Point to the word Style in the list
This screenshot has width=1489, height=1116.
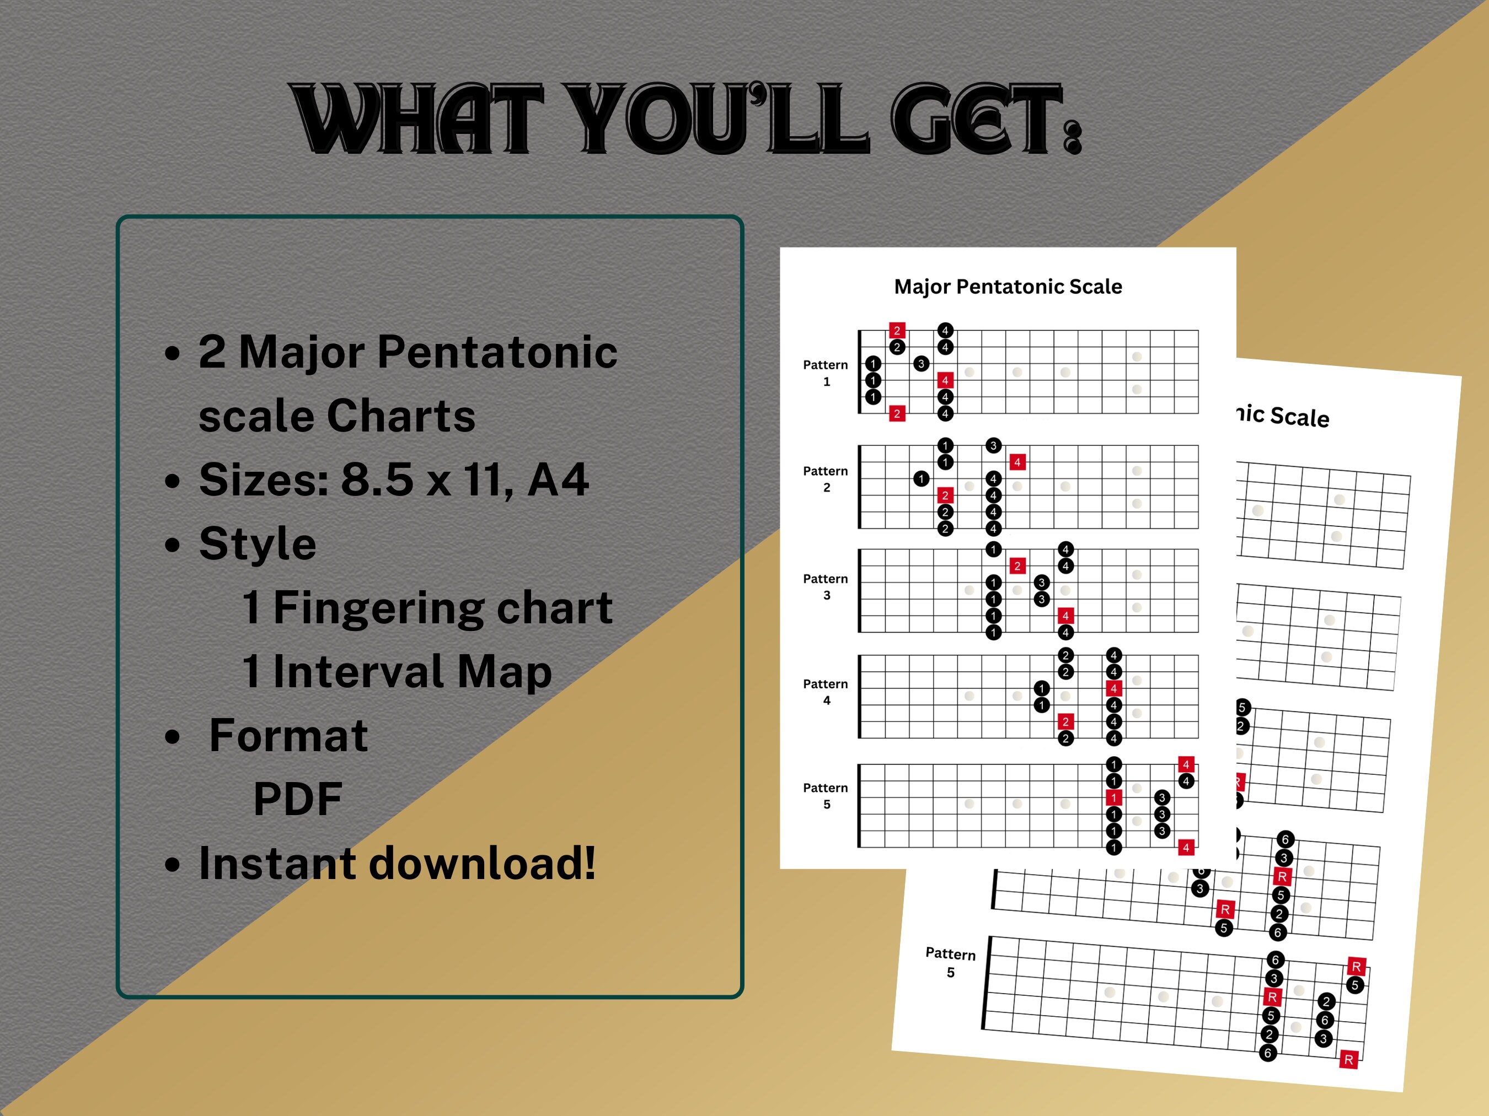pyautogui.click(x=257, y=543)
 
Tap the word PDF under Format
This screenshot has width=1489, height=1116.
pyautogui.click(x=298, y=799)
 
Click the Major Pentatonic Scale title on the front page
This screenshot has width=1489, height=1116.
pyautogui.click(x=1008, y=287)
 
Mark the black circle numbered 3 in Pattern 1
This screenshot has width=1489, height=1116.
pyautogui.click(x=921, y=364)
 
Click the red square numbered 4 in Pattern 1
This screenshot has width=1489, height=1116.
pyautogui.click(x=945, y=381)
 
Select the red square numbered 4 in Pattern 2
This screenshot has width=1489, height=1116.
pyautogui.click(x=1017, y=462)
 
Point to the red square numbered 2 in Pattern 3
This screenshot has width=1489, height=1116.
pyautogui.click(x=1017, y=566)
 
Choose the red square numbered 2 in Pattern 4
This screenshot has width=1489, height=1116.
pyautogui.click(x=1065, y=722)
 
